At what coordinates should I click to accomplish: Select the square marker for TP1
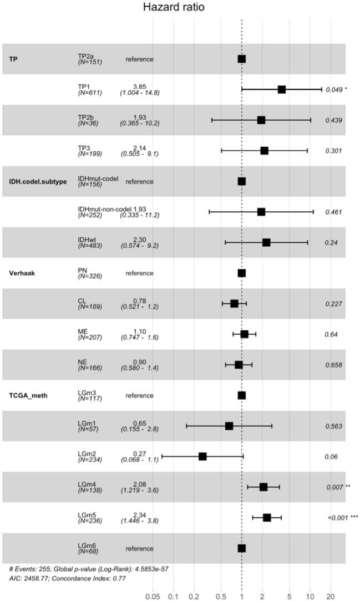(281, 89)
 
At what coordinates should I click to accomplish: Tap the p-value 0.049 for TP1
(334, 89)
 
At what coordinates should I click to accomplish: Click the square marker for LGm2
(202, 456)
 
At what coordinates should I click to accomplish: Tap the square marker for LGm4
(263, 487)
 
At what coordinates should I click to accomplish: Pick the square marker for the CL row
(234, 304)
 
